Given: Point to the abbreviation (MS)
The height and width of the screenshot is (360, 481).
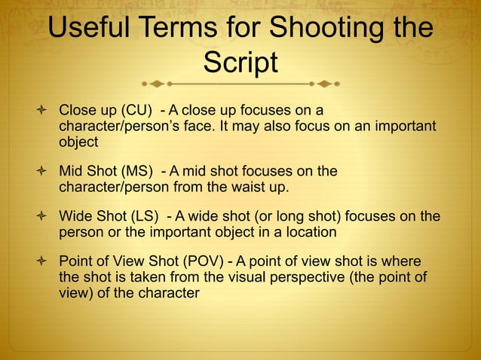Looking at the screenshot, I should pos(136,172).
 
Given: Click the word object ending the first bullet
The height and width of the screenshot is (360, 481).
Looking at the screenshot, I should pos(78,141).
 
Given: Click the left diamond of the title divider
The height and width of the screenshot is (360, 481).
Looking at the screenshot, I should pos(156,83).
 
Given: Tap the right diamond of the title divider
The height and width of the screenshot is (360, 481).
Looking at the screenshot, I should pos(325,83).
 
